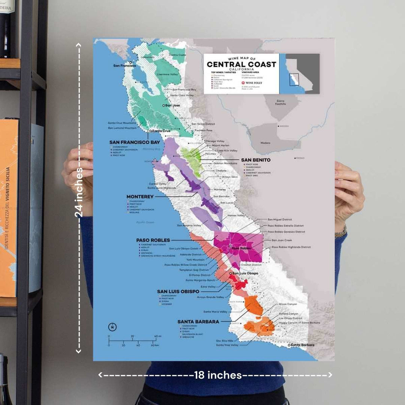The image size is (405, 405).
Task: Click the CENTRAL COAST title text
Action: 241,64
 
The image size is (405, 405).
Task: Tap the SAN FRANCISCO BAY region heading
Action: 135,142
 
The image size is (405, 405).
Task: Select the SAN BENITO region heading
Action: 256,160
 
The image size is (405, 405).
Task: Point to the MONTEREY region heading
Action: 140,196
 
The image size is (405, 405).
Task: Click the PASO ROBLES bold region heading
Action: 153,240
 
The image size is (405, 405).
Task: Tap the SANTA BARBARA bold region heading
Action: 198,322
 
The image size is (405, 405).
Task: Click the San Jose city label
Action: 172,105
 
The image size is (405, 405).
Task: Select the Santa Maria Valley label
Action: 215,312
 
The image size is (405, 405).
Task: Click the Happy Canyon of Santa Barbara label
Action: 299,322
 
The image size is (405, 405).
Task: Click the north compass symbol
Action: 112,327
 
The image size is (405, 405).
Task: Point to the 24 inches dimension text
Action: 79,192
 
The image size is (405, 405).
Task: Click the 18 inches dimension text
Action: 217,375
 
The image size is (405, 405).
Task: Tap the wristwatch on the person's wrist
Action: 340,231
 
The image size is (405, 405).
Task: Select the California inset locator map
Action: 302,73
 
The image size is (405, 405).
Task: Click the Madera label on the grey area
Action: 265,143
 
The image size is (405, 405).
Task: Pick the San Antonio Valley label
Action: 189,225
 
